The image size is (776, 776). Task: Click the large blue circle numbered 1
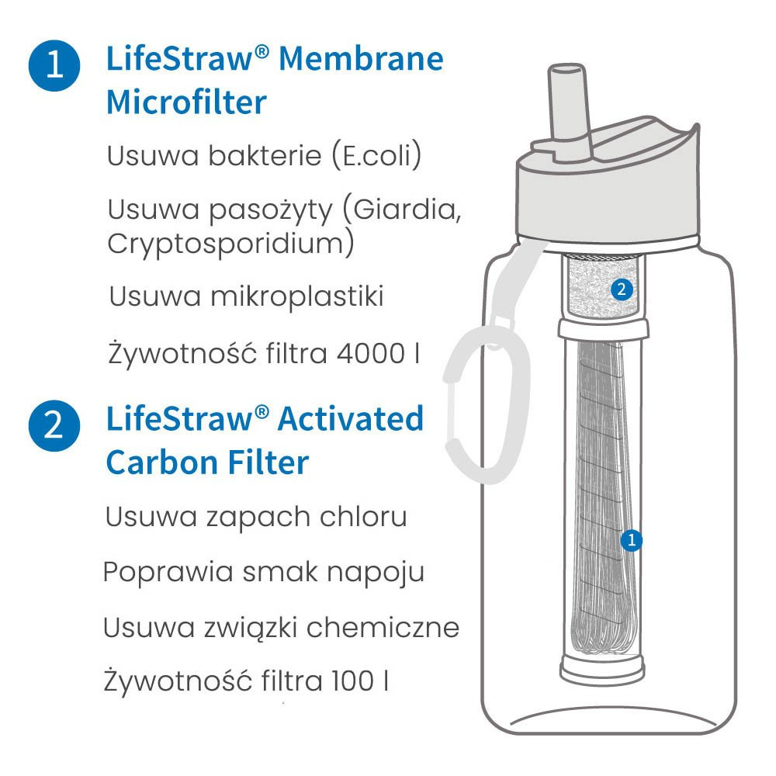pos(54,66)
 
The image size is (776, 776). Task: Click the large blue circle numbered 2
pos(54,425)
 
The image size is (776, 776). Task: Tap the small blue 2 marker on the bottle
pos(622,289)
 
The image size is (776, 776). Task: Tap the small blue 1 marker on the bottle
pos(631,540)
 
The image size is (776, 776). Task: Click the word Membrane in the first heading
pos(361,59)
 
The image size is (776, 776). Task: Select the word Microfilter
pos(186,102)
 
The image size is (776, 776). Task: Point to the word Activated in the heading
pos(351,419)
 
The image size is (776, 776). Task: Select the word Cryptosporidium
pos(230,244)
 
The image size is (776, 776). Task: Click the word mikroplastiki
pos(297,296)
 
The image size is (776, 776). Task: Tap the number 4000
pos(371,354)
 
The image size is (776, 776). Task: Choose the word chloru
pos(363,516)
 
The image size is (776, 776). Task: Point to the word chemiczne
pos(383,628)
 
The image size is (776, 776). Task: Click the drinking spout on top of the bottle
pos(569,111)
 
